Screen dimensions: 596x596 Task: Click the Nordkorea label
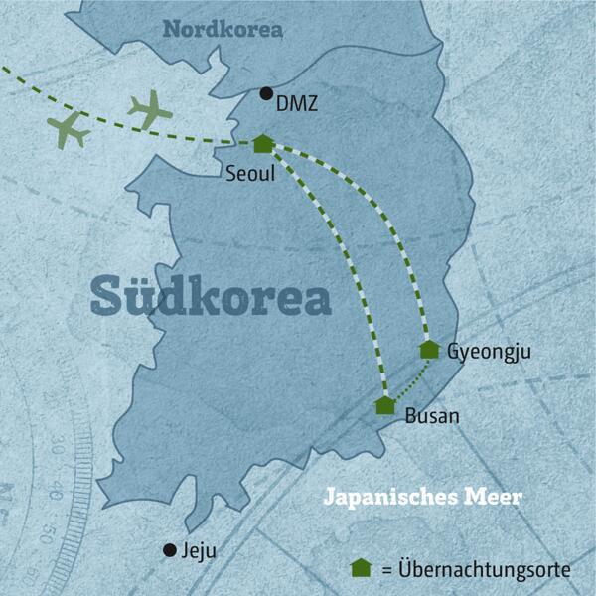[x=223, y=30]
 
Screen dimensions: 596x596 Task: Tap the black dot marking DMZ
[x=265, y=94]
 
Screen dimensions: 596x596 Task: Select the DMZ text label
[x=299, y=100]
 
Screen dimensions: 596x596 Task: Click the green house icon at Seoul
[x=262, y=144]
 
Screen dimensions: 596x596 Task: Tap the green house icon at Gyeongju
[x=429, y=349]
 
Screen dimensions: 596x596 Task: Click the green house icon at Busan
[x=385, y=405]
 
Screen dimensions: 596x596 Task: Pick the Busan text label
[x=432, y=416]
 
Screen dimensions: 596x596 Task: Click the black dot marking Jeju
[x=170, y=549]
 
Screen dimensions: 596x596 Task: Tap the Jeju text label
[x=198, y=550]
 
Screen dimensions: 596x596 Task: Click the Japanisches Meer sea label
[x=424, y=497]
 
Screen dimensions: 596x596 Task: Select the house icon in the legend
[x=362, y=568]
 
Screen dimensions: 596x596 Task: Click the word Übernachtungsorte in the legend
[x=485, y=570]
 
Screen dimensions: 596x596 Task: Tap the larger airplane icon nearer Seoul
[x=149, y=108]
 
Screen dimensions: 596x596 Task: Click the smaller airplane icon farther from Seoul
[x=68, y=128]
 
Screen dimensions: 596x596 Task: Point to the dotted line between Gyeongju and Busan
[x=415, y=381]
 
